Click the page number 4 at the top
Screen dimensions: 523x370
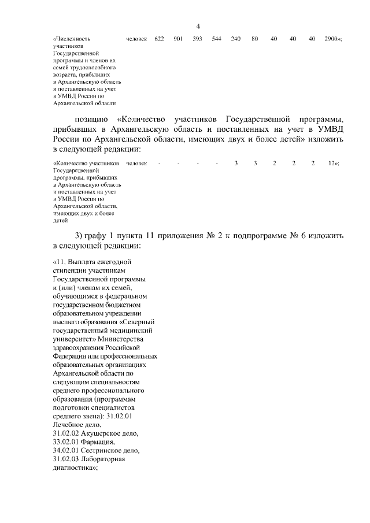tap(198, 25)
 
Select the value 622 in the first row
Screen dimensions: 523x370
tap(159, 39)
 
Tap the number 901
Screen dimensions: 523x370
tap(178, 39)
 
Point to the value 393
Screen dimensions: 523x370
tap(197, 39)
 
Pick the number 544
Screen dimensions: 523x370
tap(216, 39)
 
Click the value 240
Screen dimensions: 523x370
tap(235, 39)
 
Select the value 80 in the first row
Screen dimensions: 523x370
tap(254, 39)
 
